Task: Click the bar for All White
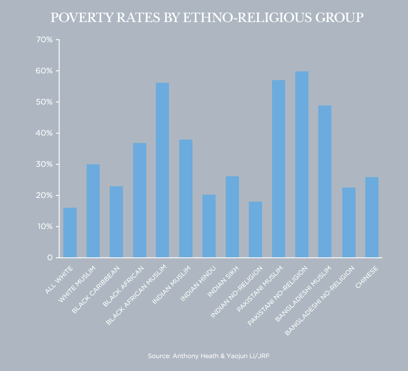[x=70, y=233]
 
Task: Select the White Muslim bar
[x=93, y=211]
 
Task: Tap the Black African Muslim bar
[x=162, y=170]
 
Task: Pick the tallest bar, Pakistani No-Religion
[x=302, y=164]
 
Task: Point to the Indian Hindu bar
[x=209, y=226]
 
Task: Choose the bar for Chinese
[x=372, y=217]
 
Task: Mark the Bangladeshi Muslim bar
[x=325, y=181]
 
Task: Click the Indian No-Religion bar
[x=255, y=229]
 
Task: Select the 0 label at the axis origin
[x=50, y=258]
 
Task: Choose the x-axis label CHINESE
[x=367, y=277]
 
